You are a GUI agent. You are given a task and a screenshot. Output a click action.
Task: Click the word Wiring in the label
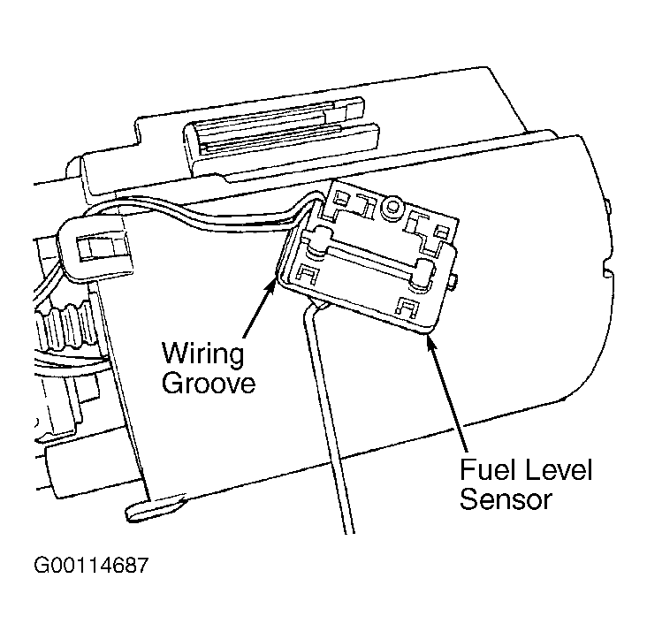tap(203, 354)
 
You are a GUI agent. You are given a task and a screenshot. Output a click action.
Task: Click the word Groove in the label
tap(209, 384)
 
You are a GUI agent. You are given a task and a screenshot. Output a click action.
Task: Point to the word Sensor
tap(506, 498)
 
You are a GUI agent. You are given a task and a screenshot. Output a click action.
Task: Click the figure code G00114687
tap(91, 565)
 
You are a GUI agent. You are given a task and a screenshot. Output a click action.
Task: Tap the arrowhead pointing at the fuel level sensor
tap(430, 342)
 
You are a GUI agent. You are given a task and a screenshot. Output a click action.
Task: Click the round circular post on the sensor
tap(392, 206)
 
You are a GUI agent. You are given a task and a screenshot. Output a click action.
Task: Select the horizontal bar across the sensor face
tap(370, 259)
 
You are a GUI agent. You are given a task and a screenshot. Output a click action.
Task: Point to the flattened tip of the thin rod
tap(155, 509)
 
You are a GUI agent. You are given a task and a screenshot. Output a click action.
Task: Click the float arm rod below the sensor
tap(329, 416)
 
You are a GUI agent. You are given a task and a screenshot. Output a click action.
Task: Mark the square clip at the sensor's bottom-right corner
tap(407, 308)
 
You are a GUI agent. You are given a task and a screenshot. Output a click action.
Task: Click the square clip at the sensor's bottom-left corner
tap(307, 273)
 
